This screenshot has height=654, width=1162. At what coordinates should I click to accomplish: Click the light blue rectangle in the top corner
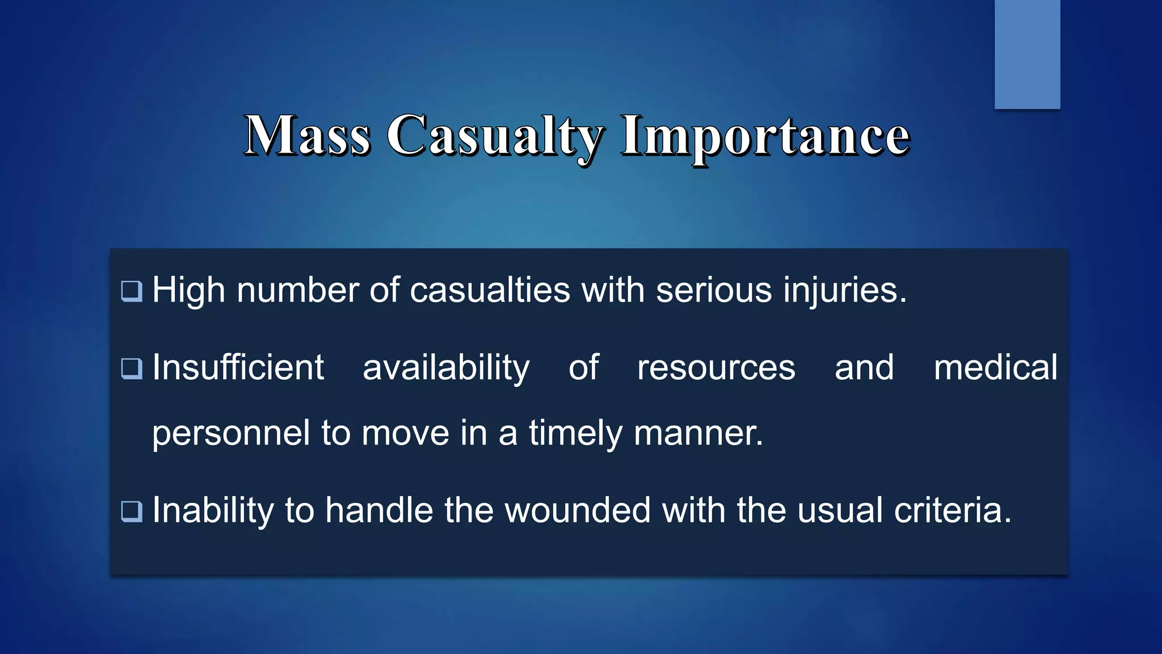(x=1027, y=54)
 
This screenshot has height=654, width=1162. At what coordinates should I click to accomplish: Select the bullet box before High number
(x=132, y=291)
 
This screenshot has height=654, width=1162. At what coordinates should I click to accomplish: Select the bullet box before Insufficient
(x=132, y=368)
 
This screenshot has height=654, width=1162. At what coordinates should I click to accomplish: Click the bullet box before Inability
(x=132, y=511)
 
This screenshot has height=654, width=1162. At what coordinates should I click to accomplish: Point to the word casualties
(x=490, y=290)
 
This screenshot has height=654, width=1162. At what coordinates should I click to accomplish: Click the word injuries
(x=845, y=291)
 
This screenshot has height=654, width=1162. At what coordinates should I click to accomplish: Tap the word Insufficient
(x=238, y=367)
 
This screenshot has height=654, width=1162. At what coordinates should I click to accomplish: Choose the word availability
(x=446, y=368)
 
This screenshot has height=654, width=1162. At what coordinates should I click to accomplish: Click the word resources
(x=716, y=368)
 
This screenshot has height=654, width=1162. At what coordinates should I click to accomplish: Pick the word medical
(x=995, y=367)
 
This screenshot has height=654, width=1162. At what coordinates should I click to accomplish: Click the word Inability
(x=213, y=510)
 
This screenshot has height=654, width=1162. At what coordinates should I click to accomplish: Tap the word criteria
(x=953, y=510)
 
